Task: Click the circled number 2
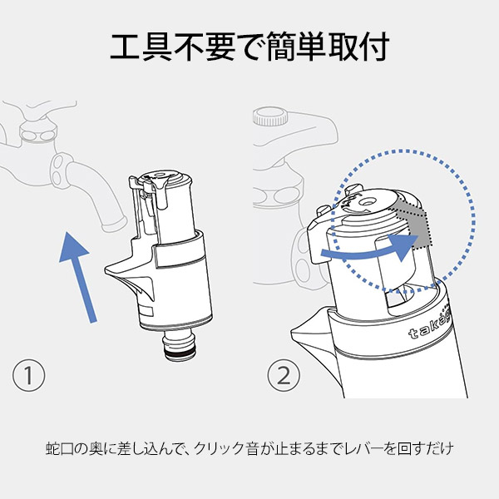pyautogui.click(x=284, y=375)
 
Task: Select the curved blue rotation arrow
pyautogui.click(x=371, y=247)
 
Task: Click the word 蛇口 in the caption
pyautogui.click(x=61, y=450)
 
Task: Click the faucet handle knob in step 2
pyautogui.click(x=274, y=117)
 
